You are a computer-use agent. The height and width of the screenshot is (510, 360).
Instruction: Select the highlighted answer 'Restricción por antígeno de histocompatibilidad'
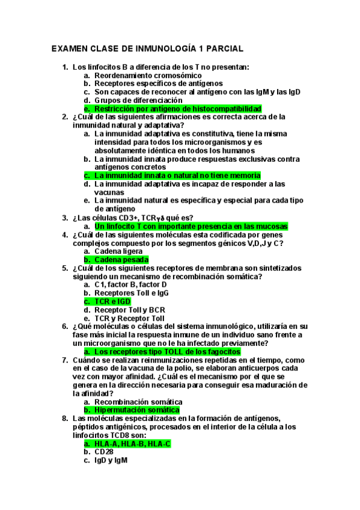tap(177, 109)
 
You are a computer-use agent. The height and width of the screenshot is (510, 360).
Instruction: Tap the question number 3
tap(65, 218)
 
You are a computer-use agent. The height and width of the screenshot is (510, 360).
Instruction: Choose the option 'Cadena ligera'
tap(118, 251)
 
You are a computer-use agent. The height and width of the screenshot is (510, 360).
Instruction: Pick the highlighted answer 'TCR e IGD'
tap(112, 301)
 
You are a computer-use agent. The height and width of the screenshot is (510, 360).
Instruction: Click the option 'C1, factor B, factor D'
tap(130, 284)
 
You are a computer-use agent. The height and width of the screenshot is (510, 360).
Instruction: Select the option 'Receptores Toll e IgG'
tap(131, 293)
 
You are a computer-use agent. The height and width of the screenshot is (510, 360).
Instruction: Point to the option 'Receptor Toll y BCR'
tap(127, 310)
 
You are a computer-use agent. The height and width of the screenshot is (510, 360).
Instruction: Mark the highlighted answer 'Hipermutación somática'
tap(137, 410)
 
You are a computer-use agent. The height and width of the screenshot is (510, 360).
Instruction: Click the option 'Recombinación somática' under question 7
tap(138, 402)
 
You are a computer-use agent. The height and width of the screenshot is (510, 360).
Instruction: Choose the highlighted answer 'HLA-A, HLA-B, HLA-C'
tap(132, 443)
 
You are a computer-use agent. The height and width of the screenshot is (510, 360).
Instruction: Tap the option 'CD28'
tap(103, 452)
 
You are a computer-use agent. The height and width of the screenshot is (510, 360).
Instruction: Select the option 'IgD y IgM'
tap(111, 461)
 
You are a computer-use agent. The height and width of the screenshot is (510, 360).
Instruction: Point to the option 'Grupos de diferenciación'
tap(138, 100)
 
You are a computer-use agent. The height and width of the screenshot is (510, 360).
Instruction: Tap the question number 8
tap(65, 419)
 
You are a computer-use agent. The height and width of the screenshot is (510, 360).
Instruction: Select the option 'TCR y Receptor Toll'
tap(129, 318)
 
